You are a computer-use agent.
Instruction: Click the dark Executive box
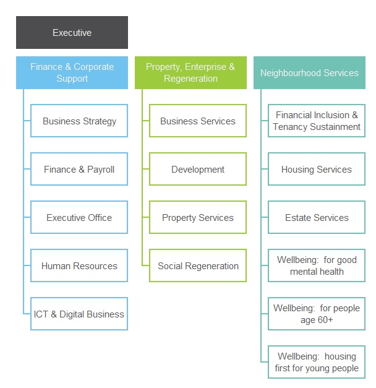point(72,32)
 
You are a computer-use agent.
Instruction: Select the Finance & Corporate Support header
point(72,72)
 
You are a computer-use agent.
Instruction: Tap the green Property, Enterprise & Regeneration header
point(190,72)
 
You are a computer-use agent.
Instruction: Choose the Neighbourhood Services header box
point(309,72)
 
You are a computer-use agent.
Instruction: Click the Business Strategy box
point(79,121)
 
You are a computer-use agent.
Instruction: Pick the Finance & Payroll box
point(79,169)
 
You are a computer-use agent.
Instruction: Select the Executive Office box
point(79,217)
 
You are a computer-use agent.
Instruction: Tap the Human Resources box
point(79,265)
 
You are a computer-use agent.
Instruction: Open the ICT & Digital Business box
point(79,314)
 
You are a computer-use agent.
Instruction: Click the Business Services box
point(198,121)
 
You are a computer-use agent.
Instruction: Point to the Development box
point(198,169)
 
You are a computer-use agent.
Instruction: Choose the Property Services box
point(198,217)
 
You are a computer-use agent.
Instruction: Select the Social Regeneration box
point(198,265)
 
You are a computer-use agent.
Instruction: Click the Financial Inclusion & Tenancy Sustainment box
point(317,121)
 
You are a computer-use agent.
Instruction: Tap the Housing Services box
point(317,169)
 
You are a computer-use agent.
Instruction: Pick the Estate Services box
point(317,217)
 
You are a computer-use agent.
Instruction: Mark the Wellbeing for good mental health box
point(317,265)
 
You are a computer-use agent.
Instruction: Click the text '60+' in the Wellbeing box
point(325,320)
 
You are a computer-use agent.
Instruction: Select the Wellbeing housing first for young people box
point(317,362)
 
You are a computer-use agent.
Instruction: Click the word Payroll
point(101,170)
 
